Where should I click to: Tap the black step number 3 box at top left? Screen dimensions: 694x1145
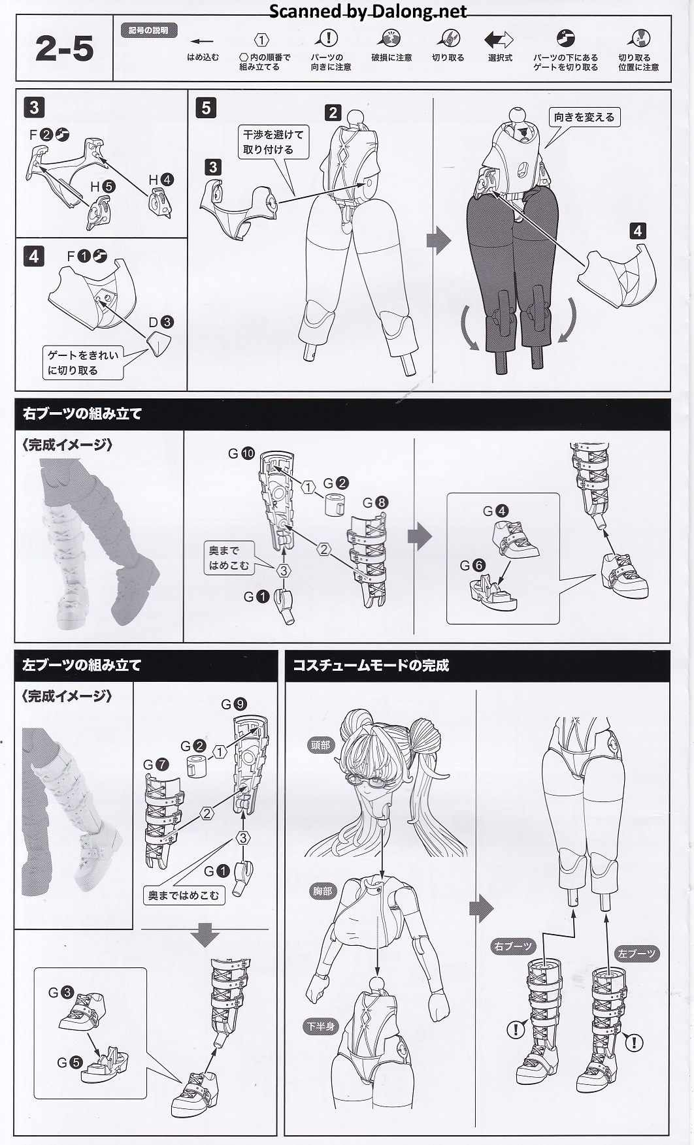pos(34,107)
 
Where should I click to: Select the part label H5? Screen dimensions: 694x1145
pos(103,186)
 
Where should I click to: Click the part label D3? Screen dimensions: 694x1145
pos(160,322)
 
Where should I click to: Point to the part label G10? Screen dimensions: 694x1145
pos(240,453)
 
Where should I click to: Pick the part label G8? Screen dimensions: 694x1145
pos(375,502)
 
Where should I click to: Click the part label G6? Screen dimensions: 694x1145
pos(472,565)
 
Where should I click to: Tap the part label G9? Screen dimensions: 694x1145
pos(233,704)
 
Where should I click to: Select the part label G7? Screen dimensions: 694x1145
pos(156,764)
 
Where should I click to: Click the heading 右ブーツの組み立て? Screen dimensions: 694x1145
pos(82,413)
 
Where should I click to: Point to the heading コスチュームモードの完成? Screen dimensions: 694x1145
pos(371,666)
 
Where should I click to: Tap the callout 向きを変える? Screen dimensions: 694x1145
pos(584,118)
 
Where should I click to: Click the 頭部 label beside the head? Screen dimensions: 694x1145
pos(321,745)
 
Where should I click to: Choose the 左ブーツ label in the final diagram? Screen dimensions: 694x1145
pos(636,954)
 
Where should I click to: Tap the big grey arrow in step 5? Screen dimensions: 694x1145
pos(438,241)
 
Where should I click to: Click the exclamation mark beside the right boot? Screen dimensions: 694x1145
pos(516,1030)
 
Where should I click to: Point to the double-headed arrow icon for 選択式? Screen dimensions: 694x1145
pos(499,40)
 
